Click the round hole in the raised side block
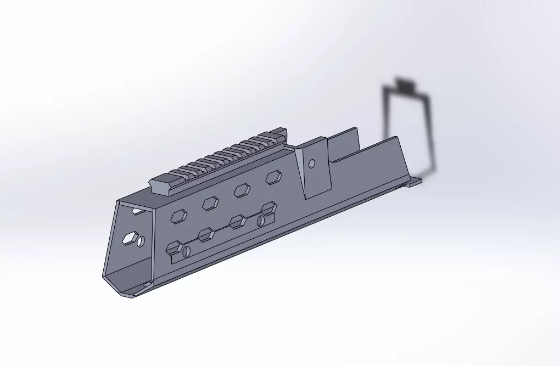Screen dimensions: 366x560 point(311,164)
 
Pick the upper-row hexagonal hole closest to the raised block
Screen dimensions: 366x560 point(273,177)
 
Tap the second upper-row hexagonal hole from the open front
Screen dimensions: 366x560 point(210,204)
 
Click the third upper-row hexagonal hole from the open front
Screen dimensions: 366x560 point(242,190)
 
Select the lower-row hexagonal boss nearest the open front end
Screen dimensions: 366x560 point(174,247)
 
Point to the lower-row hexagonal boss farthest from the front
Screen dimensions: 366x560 point(268,208)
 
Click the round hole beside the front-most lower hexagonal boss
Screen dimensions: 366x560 point(186,252)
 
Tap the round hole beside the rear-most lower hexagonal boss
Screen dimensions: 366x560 point(261,220)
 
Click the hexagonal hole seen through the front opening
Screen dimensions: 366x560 point(130,238)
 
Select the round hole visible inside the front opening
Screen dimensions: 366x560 point(142,241)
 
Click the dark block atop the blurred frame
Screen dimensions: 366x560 point(406,85)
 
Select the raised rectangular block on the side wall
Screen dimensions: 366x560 point(317,167)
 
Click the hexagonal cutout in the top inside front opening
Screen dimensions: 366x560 point(138,211)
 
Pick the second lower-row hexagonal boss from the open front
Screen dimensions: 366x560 point(206,234)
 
